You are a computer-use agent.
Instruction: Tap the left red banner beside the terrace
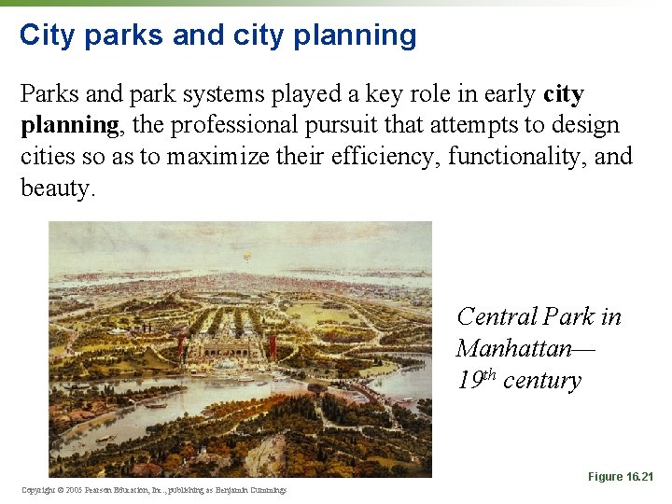point(189,347)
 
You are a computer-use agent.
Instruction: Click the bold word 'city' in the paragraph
point(563,94)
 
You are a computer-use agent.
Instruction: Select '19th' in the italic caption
point(476,380)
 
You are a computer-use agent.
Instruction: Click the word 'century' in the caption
point(541,381)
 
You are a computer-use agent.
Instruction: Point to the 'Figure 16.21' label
point(621,477)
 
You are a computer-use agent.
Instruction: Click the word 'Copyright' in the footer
point(39,490)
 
